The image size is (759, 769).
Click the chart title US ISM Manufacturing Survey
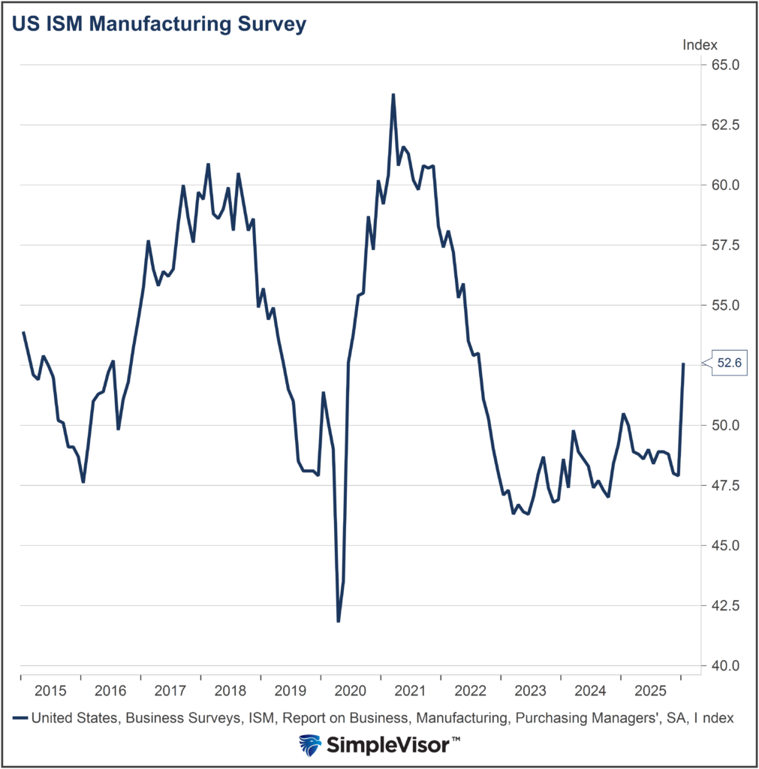[159, 24]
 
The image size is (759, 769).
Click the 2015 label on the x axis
[50, 690]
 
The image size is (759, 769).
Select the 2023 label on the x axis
[530, 690]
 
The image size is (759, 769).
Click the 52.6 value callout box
[729, 363]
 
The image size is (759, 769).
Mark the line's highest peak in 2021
[393, 95]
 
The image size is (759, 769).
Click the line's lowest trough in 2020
[338, 621]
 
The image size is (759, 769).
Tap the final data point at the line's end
[683, 363]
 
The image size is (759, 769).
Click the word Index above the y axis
[700, 45]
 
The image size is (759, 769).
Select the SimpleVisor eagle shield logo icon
[309, 745]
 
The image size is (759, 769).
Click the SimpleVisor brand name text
[392, 745]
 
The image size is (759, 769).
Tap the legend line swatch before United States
[20, 718]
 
